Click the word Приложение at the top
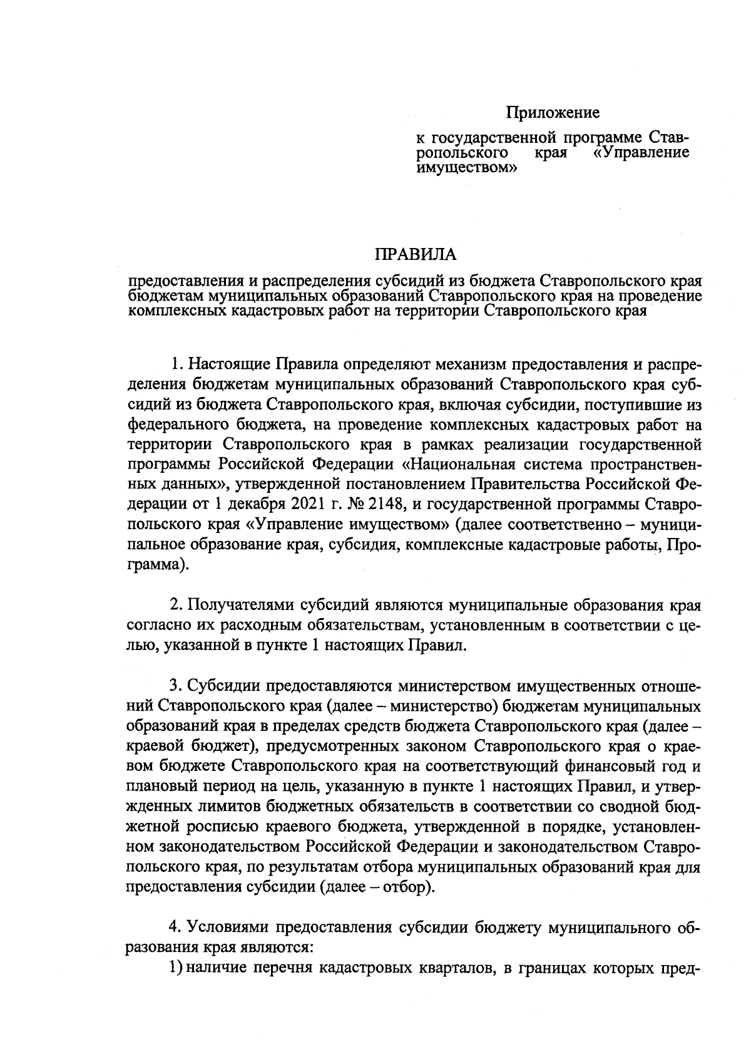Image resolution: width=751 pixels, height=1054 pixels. pyautogui.click(x=553, y=113)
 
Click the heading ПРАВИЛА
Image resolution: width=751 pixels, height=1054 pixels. pyautogui.click(x=416, y=255)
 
